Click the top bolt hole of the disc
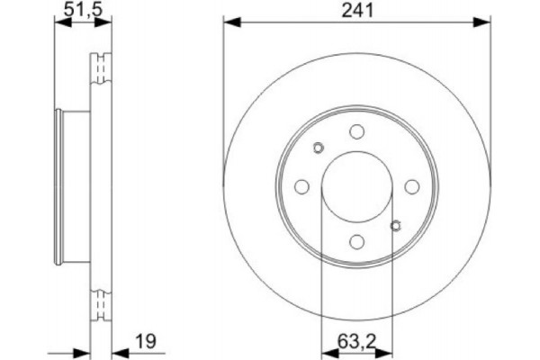pyautogui.click(x=356, y=131)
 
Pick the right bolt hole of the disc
pyautogui.click(x=411, y=186)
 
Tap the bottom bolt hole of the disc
pyautogui.click(x=356, y=241)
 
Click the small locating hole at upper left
pyautogui.click(x=317, y=148)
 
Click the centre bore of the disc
pyautogui.click(x=356, y=186)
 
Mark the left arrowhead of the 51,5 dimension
pyautogui.click(x=60, y=24)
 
